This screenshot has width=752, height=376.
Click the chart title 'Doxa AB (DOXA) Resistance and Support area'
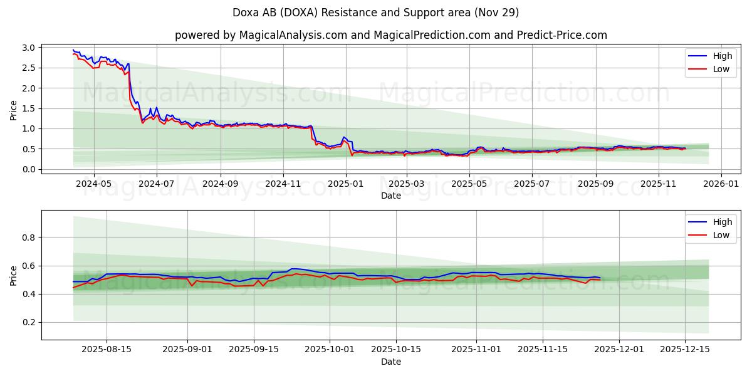click(376, 13)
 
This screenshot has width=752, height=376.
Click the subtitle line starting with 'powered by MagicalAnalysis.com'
click(390, 35)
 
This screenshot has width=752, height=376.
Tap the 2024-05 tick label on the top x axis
click(93, 184)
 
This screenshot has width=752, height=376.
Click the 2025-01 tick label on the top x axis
click(346, 184)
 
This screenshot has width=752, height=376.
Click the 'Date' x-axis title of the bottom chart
click(390, 362)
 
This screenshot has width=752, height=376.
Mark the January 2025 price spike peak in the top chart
click(343, 137)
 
